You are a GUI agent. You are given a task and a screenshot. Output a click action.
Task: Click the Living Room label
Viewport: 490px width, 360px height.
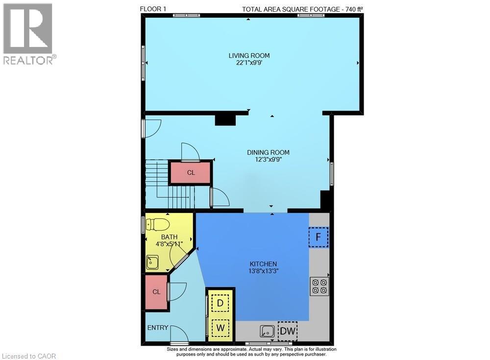(249, 56)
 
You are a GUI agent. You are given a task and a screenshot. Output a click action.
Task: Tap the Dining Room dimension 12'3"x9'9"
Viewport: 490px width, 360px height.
(268, 160)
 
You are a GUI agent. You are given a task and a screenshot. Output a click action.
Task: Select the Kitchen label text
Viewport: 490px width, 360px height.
(263, 264)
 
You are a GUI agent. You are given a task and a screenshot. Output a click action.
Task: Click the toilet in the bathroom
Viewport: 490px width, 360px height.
(158, 224)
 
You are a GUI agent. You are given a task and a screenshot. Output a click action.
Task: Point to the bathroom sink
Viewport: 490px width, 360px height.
(152, 262)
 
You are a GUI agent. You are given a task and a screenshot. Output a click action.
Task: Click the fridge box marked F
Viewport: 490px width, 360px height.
(318, 237)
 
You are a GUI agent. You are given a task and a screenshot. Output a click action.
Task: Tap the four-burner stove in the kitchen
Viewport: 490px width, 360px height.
(319, 287)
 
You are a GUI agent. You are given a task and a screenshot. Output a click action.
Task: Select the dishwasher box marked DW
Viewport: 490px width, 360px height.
(288, 331)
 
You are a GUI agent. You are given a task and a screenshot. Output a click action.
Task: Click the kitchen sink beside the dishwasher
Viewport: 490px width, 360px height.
(267, 331)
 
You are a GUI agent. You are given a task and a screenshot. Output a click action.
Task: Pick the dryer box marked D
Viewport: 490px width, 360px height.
(220, 303)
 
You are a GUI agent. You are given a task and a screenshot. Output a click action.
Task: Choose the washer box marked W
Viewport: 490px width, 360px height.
(220, 328)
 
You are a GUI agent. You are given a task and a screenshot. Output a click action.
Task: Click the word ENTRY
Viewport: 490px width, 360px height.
(158, 328)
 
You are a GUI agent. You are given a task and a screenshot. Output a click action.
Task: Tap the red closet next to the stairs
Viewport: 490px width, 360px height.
(191, 172)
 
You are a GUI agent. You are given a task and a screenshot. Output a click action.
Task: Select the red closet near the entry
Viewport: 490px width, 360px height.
(156, 292)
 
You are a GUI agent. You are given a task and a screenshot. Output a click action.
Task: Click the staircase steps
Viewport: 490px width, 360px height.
(171, 184)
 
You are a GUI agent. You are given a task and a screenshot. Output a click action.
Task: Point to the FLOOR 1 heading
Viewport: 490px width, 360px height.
(153, 9)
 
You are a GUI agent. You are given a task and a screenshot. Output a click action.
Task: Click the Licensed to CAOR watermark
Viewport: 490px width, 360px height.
(29, 356)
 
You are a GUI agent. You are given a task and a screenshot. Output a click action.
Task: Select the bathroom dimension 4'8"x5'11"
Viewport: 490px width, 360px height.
(170, 244)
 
